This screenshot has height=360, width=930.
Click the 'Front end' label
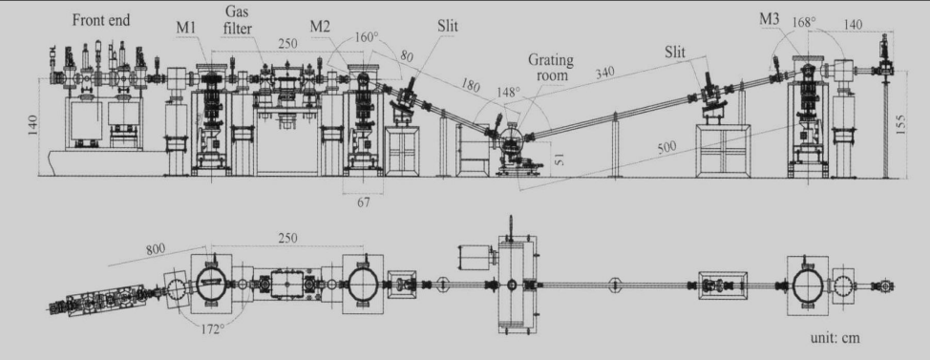pyautogui.click(x=101, y=19)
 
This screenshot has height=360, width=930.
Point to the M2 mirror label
pyautogui.click(x=321, y=27)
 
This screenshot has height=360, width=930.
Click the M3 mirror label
pyautogui.click(x=770, y=19)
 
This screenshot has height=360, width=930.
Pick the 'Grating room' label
pyautogui.click(x=551, y=67)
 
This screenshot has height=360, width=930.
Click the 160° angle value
pyautogui.click(x=367, y=37)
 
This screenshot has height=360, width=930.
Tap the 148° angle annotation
pyautogui.click(x=508, y=93)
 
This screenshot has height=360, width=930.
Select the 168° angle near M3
pyautogui.click(x=804, y=22)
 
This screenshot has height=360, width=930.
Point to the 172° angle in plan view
pyautogui.click(x=212, y=328)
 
